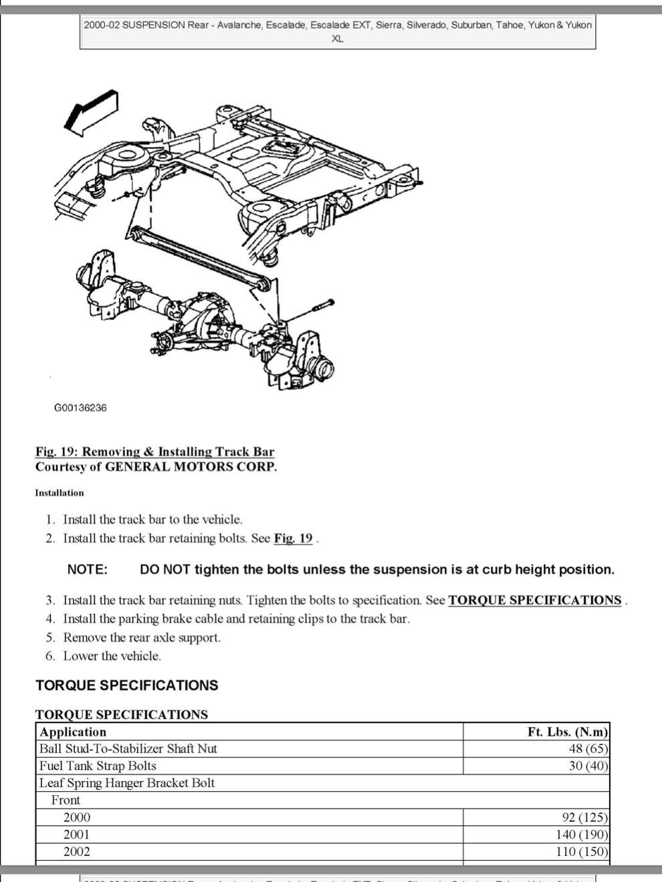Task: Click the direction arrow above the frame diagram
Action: pyautogui.click(x=91, y=112)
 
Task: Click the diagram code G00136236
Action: pyautogui.click(x=80, y=408)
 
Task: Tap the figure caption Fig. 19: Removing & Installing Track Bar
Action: pyautogui.click(x=154, y=452)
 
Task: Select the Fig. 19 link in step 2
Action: pyautogui.click(x=293, y=538)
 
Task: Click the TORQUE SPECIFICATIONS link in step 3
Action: pyautogui.click(x=534, y=600)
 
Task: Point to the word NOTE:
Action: pyautogui.click(x=88, y=570)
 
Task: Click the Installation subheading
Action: pyautogui.click(x=60, y=493)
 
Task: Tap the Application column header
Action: pyautogui.click(x=73, y=732)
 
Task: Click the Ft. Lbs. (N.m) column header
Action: pyautogui.click(x=568, y=732)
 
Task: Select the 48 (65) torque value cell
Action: pyautogui.click(x=588, y=749)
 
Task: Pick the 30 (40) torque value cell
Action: pyautogui.click(x=588, y=766)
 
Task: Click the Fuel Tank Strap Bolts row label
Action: pyautogui.click(x=98, y=766)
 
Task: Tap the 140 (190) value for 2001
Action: pyautogui.click(x=582, y=835)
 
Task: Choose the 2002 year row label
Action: pyautogui.click(x=77, y=852)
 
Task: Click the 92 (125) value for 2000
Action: pyautogui.click(x=585, y=817)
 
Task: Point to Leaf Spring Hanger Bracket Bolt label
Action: pyautogui.click(x=127, y=783)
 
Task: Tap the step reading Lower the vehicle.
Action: pyautogui.click(x=112, y=656)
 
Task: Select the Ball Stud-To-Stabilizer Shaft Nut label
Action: pyautogui.click(x=128, y=749)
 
